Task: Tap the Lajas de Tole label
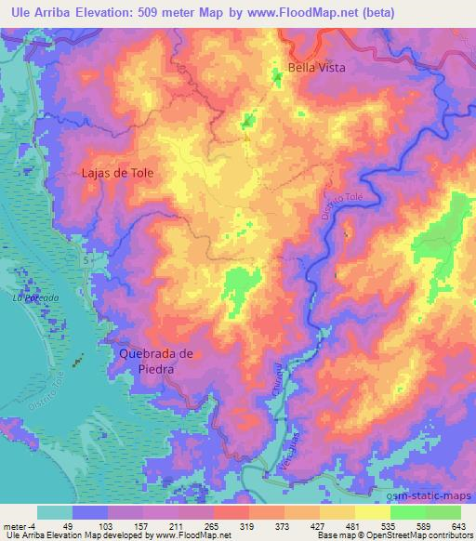[116, 173]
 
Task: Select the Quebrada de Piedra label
[155, 360]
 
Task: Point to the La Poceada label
[35, 298]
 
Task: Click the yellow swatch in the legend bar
[372, 512]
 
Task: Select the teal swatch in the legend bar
[55, 512]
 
